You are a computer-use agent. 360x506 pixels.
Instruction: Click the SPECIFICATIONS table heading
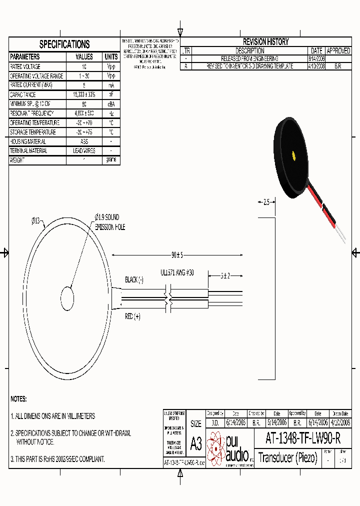[64, 44]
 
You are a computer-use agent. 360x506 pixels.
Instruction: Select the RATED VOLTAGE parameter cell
[32, 66]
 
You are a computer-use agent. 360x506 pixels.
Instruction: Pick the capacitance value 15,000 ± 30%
[84, 94]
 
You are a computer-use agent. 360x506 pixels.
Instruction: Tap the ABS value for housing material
[84, 141]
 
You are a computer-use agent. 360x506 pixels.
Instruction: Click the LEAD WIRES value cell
[84, 151]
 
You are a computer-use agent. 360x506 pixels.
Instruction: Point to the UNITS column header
[111, 57]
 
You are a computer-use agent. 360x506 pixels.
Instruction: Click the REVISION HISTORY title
[265, 42]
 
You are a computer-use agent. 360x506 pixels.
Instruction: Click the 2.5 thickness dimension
[266, 202]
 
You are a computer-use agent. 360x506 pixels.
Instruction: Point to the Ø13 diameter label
[38, 220]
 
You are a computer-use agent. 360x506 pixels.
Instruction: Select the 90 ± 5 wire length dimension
[177, 255]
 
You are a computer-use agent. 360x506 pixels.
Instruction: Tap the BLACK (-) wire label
[134, 280]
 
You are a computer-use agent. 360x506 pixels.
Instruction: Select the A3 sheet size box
[196, 443]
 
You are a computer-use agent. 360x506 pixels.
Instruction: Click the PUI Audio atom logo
[216, 447]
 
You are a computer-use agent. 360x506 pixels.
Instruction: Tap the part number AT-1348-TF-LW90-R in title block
[303, 439]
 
